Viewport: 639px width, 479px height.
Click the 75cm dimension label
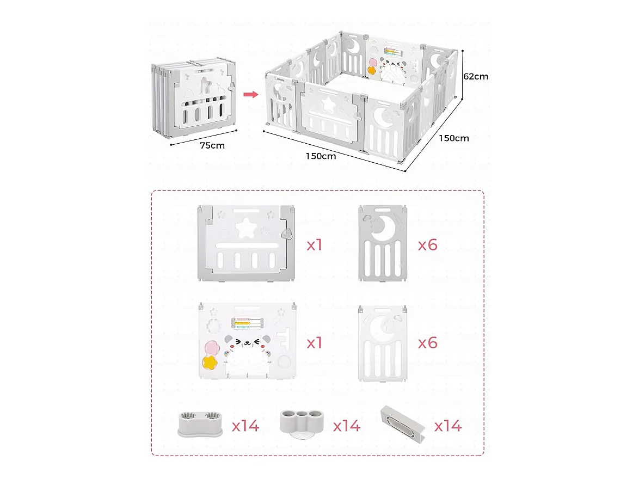(x=212, y=145)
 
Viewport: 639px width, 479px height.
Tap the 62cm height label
(x=476, y=77)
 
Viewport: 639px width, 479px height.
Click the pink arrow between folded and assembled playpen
(x=251, y=95)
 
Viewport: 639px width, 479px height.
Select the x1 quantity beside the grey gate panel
(x=314, y=245)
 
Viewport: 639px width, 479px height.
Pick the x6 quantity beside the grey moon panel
(x=427, y=245)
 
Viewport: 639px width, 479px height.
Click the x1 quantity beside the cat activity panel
(x=314, y=343)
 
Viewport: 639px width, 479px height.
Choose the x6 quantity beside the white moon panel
(x=427, y=343)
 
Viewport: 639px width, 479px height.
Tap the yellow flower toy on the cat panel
(x=210, y=362)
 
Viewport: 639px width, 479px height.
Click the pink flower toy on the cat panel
(x=212, y=348)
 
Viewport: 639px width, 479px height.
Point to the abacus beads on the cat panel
(x=247, y=323)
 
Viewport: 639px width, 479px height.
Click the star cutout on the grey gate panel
(x=246, y=228)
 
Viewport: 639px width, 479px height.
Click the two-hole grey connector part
(x=200, y=424)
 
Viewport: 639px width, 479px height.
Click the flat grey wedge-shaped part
(x=403, y=424)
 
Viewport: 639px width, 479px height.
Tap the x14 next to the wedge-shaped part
(x=448, y=426)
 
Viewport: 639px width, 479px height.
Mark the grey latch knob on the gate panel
(x=287, y=235)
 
